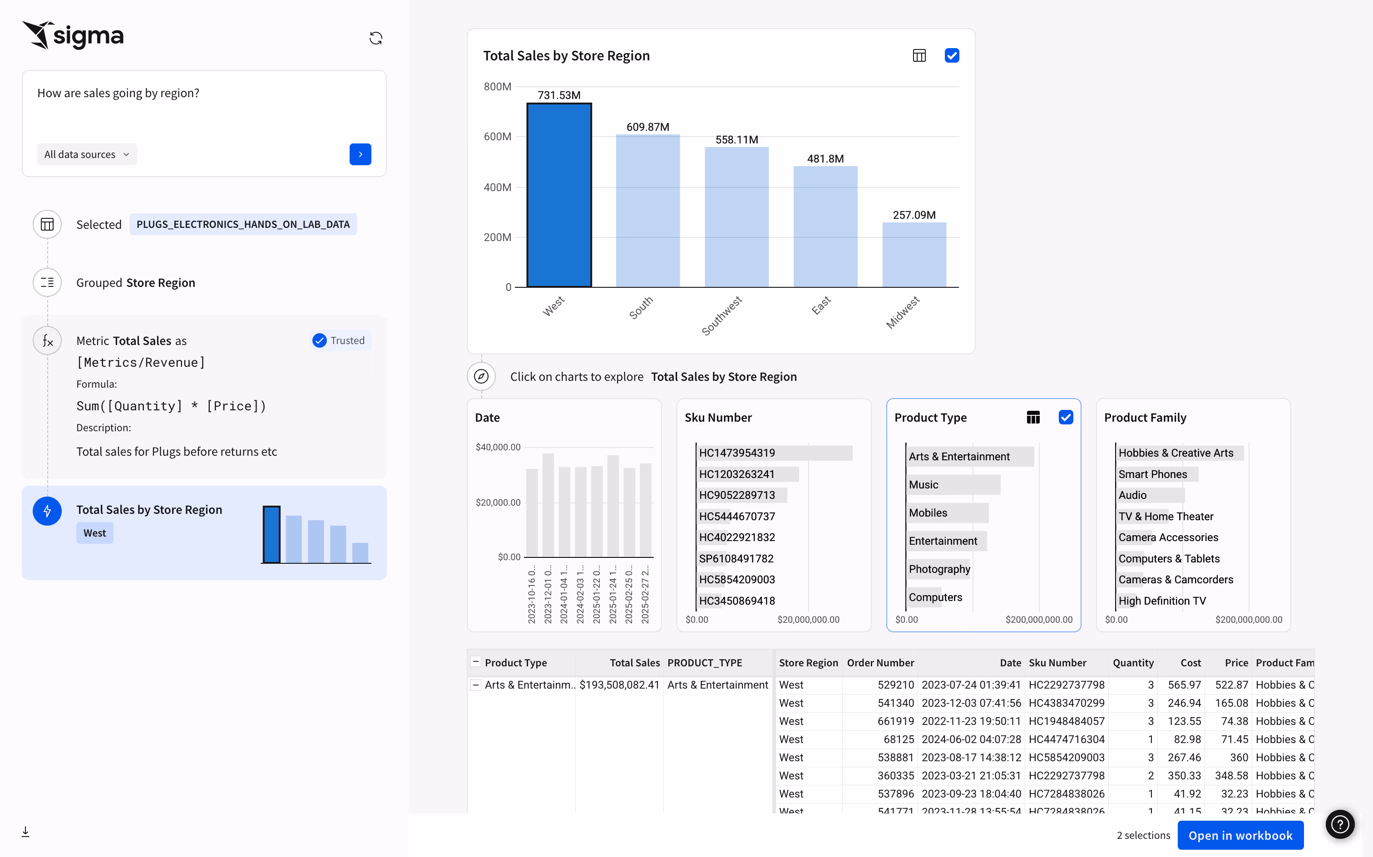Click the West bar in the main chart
pos(559,196)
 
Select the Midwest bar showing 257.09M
pos(914,255)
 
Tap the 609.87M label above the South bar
pos(647,127)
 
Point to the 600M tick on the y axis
pos(497,137)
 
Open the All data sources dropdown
pos(87,154)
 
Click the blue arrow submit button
pos(360,154)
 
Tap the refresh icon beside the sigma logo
pos(376,38)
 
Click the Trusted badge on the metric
pos(340,340)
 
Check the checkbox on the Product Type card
pos(1065,418)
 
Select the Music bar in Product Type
pos(953,485)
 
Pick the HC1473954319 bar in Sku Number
pos(774,453)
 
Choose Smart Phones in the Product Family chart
pos(1156,474)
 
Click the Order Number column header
pos(880,663)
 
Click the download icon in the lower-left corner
pos(25,832)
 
